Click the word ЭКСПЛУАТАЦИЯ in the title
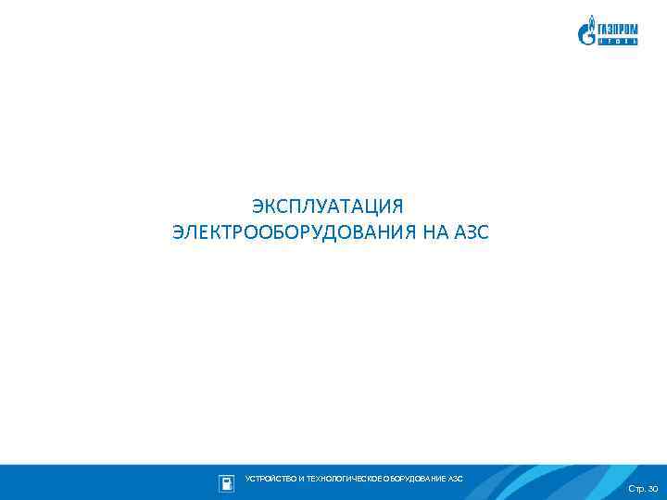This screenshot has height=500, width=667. click(x=329, y=205)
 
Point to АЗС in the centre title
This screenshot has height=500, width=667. click(x=471, y=231)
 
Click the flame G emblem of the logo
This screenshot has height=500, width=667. click(x=586, y=32)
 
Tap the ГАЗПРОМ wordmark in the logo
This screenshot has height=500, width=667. click(x=617, y=29)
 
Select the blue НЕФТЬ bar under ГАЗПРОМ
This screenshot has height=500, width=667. click(x=617, y=42)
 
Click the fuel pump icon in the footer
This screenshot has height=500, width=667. click(x=226, y=482)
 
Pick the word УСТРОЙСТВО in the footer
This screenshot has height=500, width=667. click(x=268, y=479)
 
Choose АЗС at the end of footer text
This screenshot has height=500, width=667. click(x=456, y=479)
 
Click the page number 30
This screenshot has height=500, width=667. click(x=652, y=488)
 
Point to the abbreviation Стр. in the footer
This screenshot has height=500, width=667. click(x=636, y=488)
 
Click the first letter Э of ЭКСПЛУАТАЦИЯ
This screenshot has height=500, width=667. click(x=258, y=205)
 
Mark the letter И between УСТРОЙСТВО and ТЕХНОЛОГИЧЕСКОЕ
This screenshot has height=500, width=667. click(x=296, y=479)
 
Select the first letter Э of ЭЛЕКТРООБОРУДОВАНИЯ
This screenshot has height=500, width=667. click(x=178, y=231)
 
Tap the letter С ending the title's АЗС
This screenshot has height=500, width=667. click(x=482, y=231)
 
